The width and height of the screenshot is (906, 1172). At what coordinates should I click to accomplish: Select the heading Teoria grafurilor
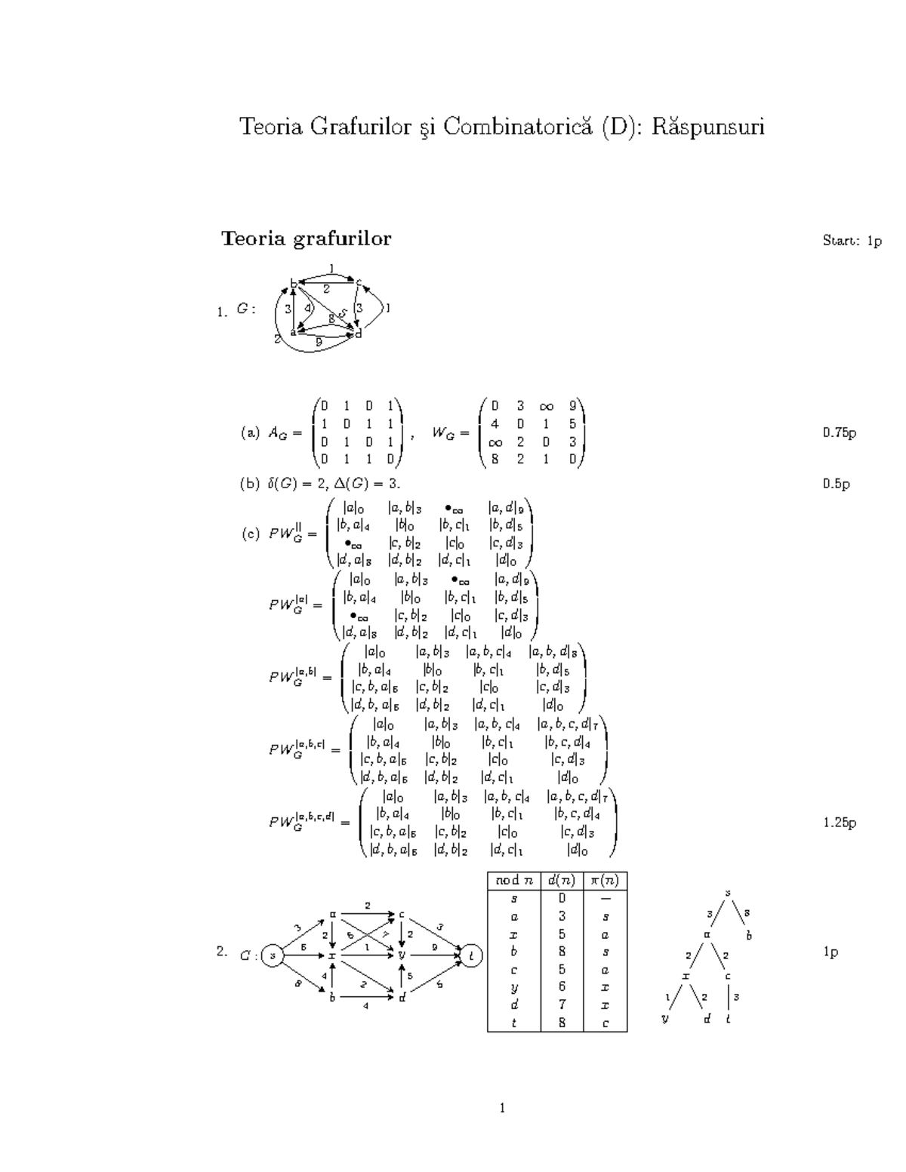click(306, 239)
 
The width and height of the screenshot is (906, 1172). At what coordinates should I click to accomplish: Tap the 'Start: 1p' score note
click(852, 241)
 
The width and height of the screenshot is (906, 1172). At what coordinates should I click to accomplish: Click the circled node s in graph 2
click(273, 955)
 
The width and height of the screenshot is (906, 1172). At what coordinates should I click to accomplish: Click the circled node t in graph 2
click(472, 955)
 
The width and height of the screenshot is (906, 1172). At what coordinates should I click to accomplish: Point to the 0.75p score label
click(839, 433)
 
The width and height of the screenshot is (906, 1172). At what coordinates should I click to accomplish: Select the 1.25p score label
click(839, 823)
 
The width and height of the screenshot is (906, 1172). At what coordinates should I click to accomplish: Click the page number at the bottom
click(502, 1108)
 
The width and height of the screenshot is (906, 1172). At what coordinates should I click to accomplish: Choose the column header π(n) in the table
click(606, 881)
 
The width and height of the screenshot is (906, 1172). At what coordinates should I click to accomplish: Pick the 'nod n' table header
click(513, 881)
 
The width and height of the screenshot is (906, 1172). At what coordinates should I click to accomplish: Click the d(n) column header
click(562, 881)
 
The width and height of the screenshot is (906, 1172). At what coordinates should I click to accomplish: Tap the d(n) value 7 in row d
click(562, 1005)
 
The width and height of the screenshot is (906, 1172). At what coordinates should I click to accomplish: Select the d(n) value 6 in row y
click(562, 987)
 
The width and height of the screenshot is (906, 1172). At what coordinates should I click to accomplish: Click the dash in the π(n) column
click(606, 899)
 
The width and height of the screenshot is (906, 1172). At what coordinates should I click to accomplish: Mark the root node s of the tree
click(729, 894)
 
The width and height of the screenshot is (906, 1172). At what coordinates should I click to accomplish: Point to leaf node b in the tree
click(750, 936)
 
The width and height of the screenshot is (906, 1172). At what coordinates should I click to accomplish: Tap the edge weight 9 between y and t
click(434, 946)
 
